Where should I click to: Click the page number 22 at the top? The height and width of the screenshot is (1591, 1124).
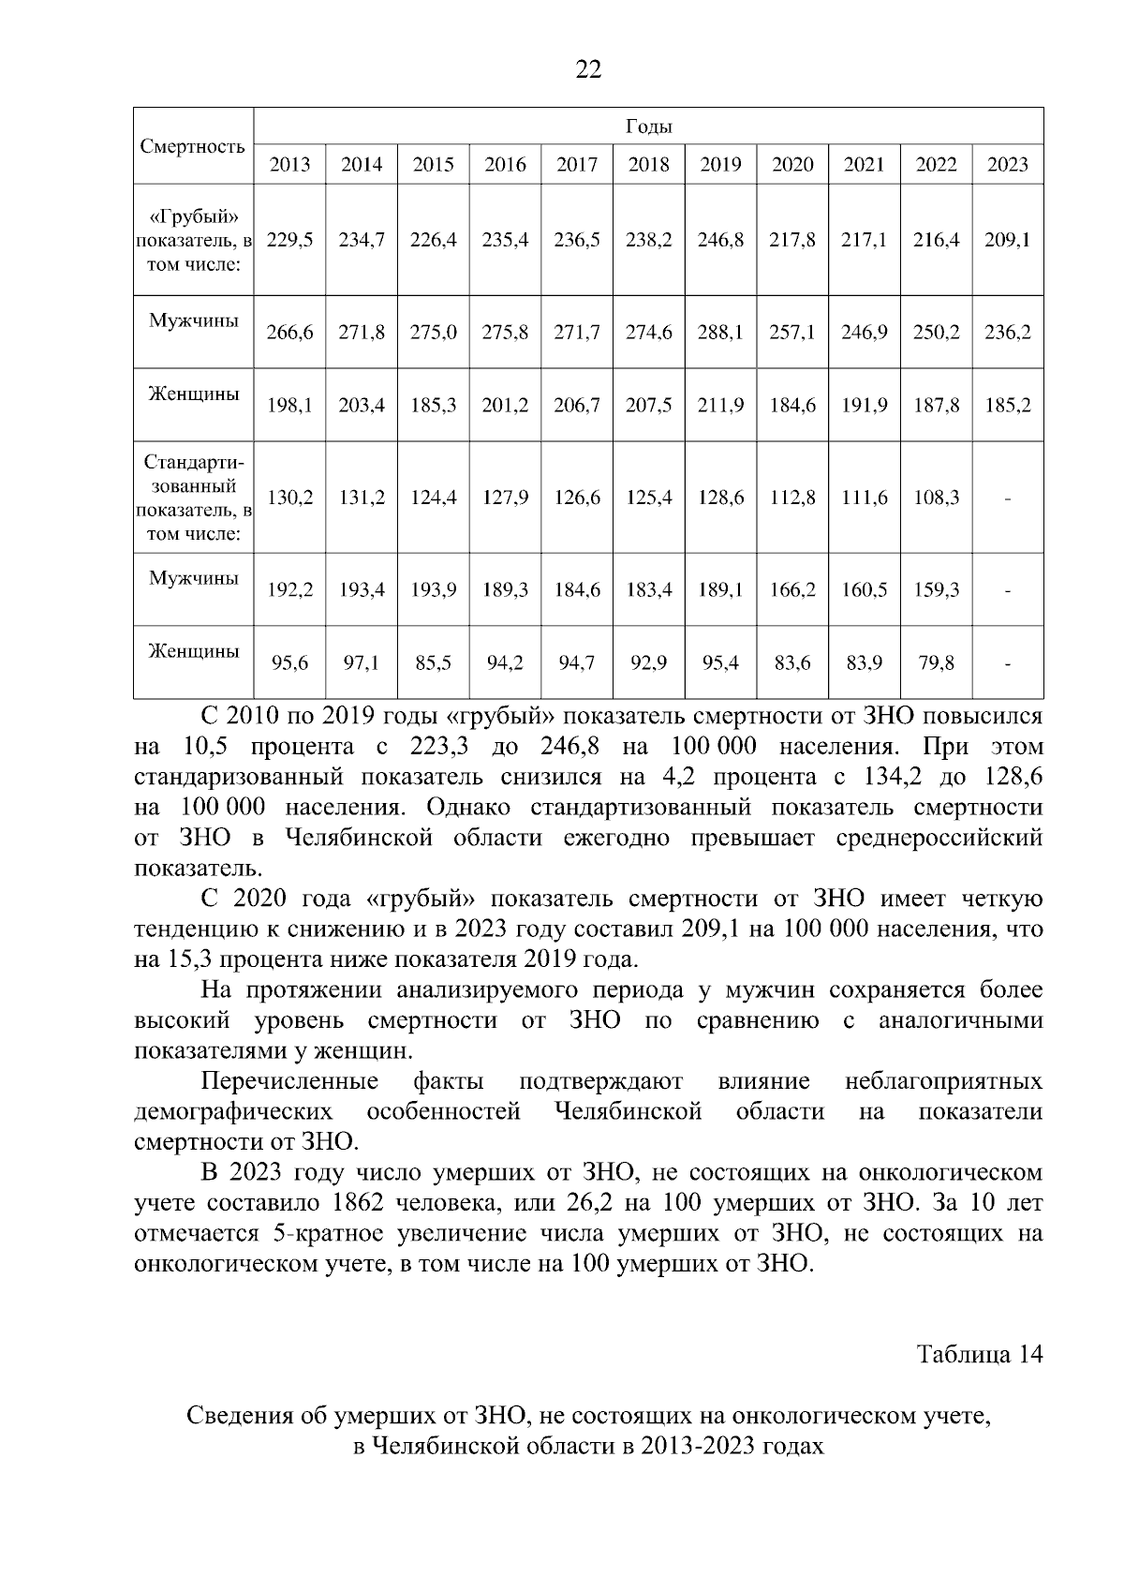tap(588, 69)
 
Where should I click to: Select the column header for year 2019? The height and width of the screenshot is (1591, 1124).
tap(719, 165)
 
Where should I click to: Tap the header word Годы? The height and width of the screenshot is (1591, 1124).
tap(648, 126)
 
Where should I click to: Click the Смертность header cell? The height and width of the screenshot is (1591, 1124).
tap(193, 146)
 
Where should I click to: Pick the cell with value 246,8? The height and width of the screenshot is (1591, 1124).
tap(719, 240)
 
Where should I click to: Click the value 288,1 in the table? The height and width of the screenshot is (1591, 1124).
tap(719, 332)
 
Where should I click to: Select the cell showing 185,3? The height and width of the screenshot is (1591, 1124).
tap(433, 406)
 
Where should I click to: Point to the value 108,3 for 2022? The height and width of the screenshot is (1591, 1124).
tap(936, 498)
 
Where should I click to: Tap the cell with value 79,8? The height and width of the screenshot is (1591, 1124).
tap(936, 663)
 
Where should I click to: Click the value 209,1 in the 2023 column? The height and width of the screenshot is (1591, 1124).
tap(1007, 240)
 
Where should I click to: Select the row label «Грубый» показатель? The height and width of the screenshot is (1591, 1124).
tap(193, 240)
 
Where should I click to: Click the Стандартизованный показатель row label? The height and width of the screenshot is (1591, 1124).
tap(193, 498)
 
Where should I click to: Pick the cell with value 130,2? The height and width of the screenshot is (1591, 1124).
tap(289, 498)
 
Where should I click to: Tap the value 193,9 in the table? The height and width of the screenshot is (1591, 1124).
tap(433, 590)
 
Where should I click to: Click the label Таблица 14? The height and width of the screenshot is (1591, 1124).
tap(979, 1355)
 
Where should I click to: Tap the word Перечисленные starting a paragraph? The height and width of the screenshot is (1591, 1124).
tap(289, 1081)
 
